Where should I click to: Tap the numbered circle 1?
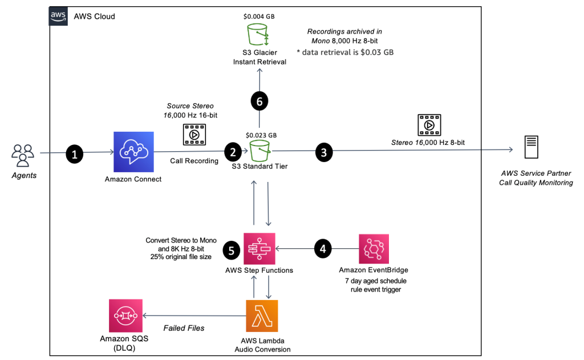coord(74,153)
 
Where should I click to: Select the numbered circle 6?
coord(259,101)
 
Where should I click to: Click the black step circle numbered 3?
coord(324,152)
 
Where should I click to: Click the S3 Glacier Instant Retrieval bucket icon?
coord(259,35)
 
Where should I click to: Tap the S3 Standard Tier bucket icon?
coord(259,151)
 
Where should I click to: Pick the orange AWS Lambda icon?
coord(262,315)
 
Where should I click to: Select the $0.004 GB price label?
coord(259,17)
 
